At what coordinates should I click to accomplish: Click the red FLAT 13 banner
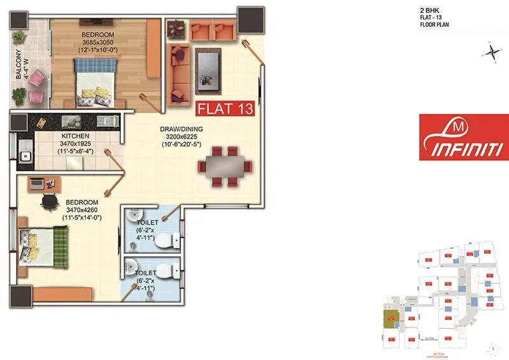(x=225, y=107)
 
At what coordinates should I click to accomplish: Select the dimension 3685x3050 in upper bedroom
(x=97, y=41)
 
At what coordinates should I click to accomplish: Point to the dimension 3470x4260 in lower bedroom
(x=83, y=210)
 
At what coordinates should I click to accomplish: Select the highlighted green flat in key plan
(x=388, y=315)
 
